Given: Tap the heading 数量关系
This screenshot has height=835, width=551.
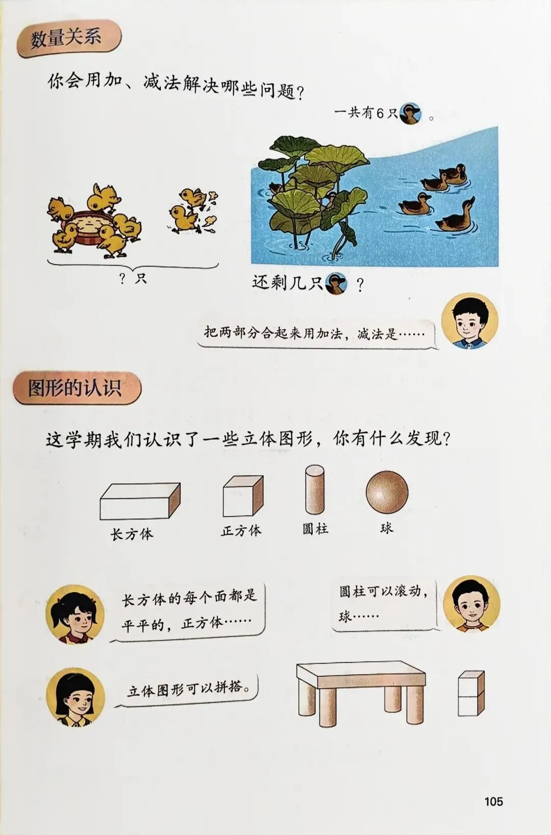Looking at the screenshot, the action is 66,38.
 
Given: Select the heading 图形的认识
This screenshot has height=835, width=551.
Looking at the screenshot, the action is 75,388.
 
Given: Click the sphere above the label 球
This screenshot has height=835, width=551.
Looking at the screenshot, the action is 387,493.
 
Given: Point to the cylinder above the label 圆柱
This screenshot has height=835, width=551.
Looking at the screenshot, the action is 315,490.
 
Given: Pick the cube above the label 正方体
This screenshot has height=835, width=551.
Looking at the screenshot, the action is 243,496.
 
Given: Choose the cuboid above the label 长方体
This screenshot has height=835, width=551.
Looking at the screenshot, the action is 140,501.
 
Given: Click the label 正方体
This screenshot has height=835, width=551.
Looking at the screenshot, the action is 241,530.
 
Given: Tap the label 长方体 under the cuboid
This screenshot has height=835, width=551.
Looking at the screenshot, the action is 132,534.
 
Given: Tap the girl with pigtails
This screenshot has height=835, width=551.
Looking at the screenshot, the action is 74,614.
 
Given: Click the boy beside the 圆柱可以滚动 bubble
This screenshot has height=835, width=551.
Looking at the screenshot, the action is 471,604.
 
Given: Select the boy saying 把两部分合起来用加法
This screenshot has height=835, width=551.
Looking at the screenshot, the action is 469,321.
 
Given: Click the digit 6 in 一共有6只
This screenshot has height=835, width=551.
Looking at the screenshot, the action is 380,113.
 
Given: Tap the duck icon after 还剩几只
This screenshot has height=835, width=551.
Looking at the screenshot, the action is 336,284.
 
